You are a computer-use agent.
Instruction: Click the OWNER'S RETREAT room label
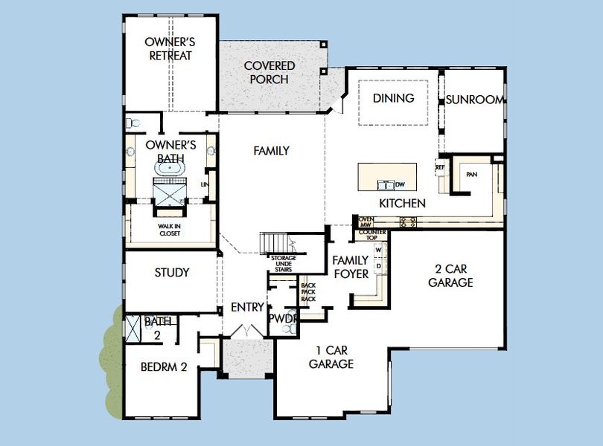pyautogui.click(x=169, y=48)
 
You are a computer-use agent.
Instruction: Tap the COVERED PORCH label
pyautogui.click(x=269, y=72)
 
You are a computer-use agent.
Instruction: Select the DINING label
pyautogui.click(x=393, y=98)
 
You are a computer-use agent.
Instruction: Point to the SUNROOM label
pyautogui.click(x=475, y=100)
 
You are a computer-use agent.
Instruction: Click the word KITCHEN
pyautogui.click(x=402, y=203)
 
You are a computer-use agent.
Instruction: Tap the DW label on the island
pyautogui.click(x=400, y=184)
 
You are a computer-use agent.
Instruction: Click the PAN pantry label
pyautogui.click(x=471, y=174)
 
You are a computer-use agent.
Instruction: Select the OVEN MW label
pyautogui.click(x=366, y=221)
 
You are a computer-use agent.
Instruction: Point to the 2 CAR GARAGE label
pyautogui.click(x=450, y=275)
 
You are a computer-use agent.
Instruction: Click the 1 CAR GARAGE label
pyautogui.click(x=331, y=356)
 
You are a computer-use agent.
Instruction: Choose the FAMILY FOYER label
pyautogui.click(x=350, y=267)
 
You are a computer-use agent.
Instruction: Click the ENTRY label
pyautogui.click(x=247, y=307)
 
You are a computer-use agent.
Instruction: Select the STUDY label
pyautogui.click(x=172, y=273)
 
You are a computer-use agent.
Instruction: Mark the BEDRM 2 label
pyautogui.click(x=163, y=366)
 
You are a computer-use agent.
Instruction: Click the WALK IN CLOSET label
pyautogui.click(x=170, y=230)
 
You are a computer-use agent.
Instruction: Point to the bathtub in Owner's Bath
pyautogui.click(x=171, y=169)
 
